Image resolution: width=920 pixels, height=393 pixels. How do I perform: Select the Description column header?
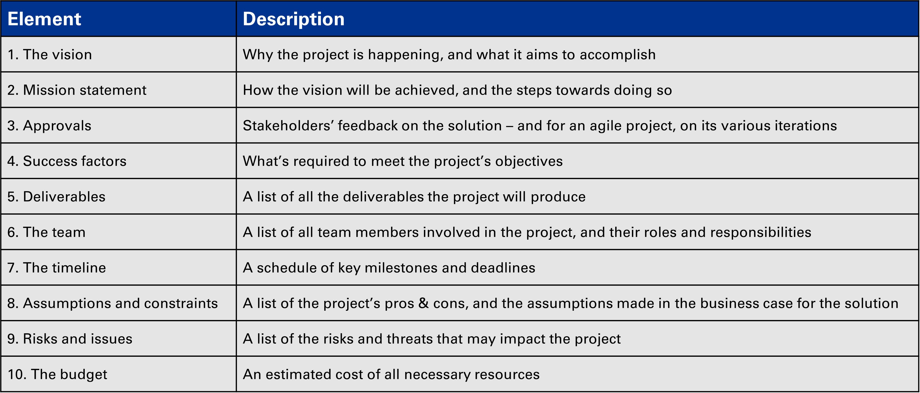coord(293,19)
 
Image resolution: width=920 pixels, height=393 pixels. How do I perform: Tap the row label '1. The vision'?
coord(50,54)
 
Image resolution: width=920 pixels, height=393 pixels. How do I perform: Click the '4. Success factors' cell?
coord(67,161)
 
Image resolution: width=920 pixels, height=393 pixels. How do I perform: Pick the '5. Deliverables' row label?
coord(56,197)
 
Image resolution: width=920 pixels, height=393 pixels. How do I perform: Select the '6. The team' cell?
coord(46,232)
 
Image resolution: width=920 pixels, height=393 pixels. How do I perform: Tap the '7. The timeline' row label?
coord(57,268)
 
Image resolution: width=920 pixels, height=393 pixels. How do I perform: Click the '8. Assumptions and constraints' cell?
coord(112,303)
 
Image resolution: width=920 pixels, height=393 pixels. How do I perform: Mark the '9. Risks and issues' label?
coord(70,339)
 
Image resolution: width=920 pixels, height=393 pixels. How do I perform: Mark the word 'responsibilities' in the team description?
coord(761,232)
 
